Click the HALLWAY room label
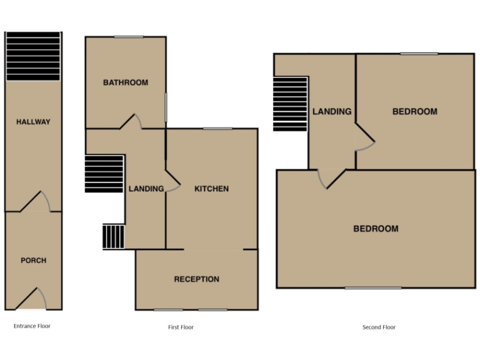point(33,122)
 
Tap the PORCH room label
point(33,261)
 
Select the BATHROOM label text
point(126,82)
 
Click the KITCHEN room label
point(211,189)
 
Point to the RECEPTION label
point(196,279)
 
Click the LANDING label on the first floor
point(146,189)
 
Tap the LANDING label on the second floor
point(332,112)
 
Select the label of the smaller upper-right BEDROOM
point(414,112)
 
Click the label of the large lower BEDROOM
point(376,229)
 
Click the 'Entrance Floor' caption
point(32,326)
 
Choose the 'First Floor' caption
point(181,327)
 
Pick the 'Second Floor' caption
point(379,327)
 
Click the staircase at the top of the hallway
point(33,56)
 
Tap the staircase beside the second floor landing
point(291,104)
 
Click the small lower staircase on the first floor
point(114,237)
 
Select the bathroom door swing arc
point(133,121)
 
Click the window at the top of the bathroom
point(129,37)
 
